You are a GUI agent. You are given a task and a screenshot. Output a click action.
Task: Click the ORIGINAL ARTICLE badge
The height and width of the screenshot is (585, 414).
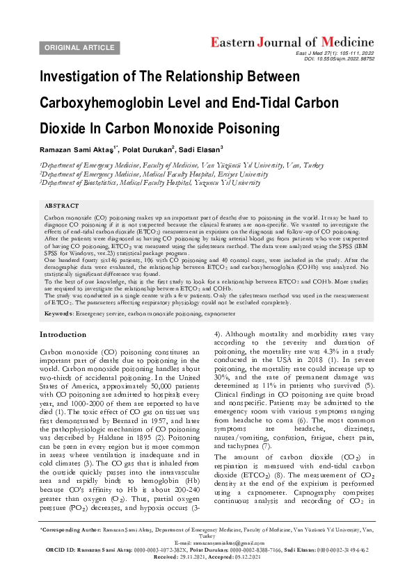79,47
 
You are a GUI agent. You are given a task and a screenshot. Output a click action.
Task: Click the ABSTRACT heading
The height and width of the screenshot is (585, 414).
61,207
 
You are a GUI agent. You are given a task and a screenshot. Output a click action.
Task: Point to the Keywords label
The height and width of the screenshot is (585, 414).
58,314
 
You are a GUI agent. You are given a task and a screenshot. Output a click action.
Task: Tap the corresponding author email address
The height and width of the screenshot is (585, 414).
207,561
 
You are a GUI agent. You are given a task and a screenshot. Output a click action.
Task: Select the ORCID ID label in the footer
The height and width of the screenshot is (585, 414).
59,568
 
